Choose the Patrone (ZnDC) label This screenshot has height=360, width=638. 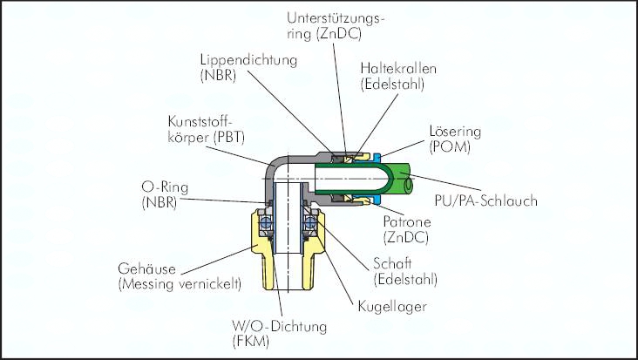pyautogui.click(x=404, y=228)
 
